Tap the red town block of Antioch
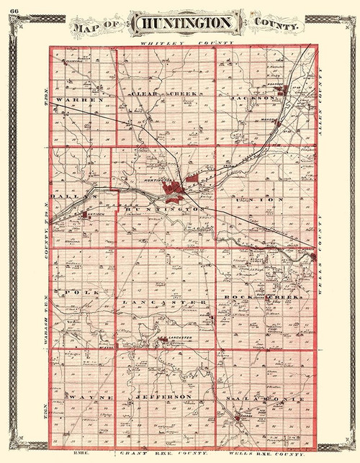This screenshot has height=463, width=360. click(84, 214)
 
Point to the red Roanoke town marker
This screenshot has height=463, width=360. click(287, 90)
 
